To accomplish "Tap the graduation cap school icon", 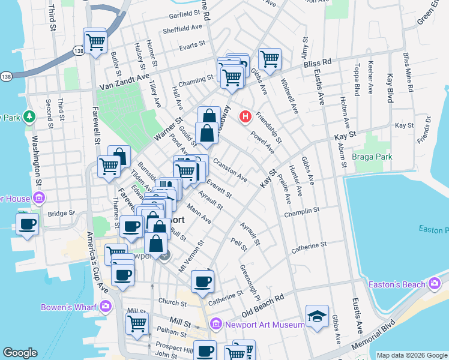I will coord(317,316).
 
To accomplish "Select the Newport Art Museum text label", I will coord(265,325).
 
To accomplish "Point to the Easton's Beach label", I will coord(397,284).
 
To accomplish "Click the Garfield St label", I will coord(184,13).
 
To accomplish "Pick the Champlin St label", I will coord(303,211).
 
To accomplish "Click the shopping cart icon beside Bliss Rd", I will coord(270,59).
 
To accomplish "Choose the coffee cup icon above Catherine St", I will coord(202,280).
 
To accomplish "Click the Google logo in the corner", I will coord(20,353).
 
